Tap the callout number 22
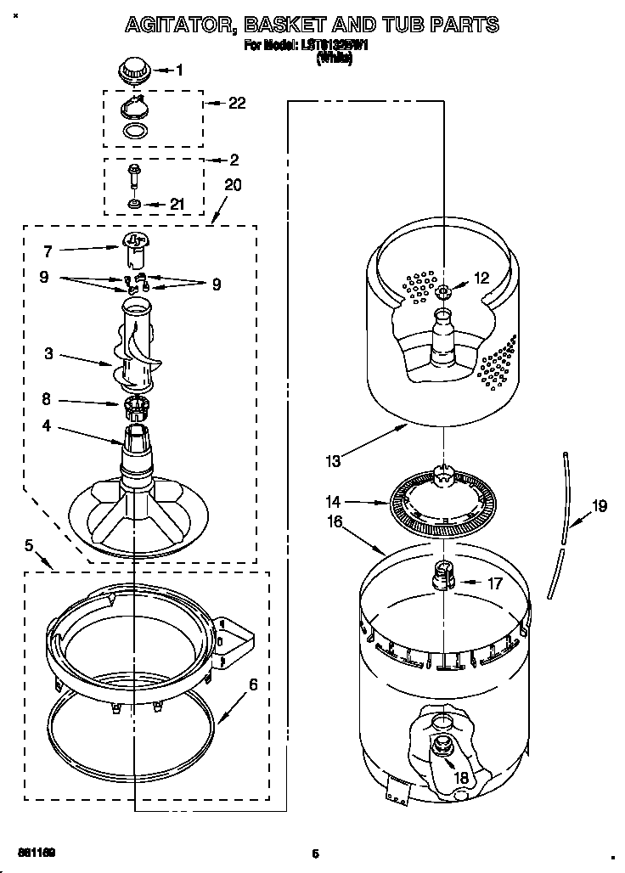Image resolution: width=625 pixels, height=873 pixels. pyautogui.click(x=237, y=103)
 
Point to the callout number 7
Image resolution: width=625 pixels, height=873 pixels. pyautogui.click(x=48, y=251)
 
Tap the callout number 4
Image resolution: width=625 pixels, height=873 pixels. pyautogui.click(x=46, y=426)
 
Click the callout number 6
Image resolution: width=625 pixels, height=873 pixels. pyautogui.click(x=252, y=684)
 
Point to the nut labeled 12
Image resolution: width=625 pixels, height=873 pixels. pyautogui.click(x=442, y=292)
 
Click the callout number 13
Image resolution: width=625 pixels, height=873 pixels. pyautogui.click(x=333, y=461)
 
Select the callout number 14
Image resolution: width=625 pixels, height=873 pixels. pyautogui.click(x=334, y=501)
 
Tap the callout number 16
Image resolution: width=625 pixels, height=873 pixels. pyautogui.click(x=334, y=522)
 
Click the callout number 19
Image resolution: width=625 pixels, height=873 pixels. pyautogui.click(x=600, y=506)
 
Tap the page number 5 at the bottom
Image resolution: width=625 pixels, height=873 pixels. pyautogui.click(x=314, y=853)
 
